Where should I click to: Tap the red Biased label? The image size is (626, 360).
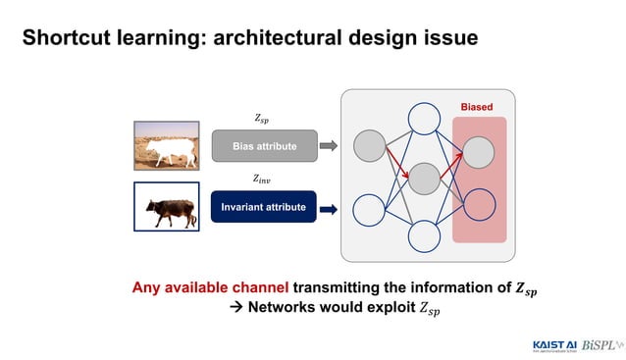pyautogui.click(x=477, y=106)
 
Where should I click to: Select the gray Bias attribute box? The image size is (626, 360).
pyautogui.click(x=264, y=147)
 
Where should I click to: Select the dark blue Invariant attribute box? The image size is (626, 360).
pyautogui.click(x=263, y=207)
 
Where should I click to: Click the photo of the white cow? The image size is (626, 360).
pyautogui.click(x=166, y=145)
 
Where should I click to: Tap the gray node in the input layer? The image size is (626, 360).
pyautogui.click(x=369, y=146)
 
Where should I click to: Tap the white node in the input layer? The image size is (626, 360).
pyautogui.click(x=369, y=209)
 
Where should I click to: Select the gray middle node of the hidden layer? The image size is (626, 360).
pyautogui.click(x=424, y=179)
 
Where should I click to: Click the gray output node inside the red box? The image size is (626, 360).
pyautogui.click(x=479, y=150)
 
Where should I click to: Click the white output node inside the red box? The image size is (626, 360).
pyautogui.click(x=479, y=203)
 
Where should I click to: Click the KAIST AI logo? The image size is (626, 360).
pyautogui.click(x=555, y=344)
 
